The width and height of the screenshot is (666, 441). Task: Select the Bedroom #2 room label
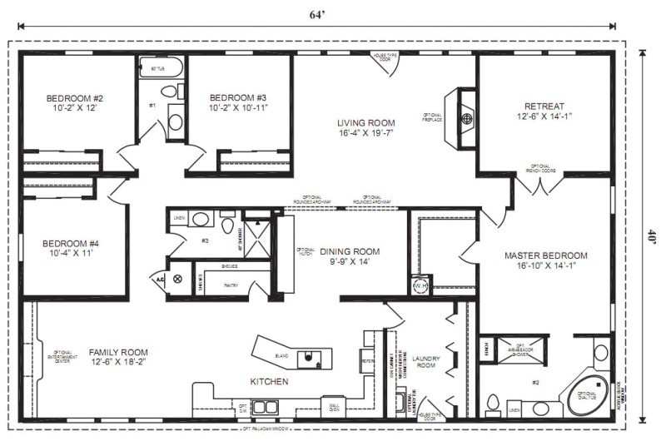[75, 103]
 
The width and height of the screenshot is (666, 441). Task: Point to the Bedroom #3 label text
[238, 102]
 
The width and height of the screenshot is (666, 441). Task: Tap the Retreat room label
[544, 111]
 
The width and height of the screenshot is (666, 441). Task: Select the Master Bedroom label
[545, 261]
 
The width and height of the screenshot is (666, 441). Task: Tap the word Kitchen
[269, 382]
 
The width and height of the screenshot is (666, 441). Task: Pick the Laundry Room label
[425, 362]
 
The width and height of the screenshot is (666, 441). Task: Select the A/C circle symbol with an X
[177, 280]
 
